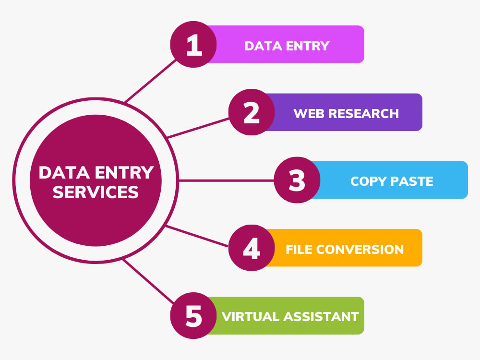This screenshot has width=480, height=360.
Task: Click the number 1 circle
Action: [x=193, y=44]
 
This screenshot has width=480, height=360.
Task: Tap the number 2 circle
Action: [x=252, y=112]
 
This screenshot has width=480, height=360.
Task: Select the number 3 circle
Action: [x=297, y=180]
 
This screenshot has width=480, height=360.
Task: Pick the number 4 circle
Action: [x=252, y=248]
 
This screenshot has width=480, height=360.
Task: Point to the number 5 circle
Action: [x=193, y=316]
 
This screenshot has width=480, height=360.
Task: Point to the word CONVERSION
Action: [x=360, y=250]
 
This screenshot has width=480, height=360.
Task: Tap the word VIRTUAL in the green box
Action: [x=251, y=317]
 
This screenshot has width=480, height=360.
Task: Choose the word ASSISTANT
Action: [x=321, y=317]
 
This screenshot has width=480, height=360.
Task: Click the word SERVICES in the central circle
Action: [x=96, y=192]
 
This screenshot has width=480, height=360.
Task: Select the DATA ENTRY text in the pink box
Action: [x=287, y=46]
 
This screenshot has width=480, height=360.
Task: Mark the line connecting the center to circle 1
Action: [x=150, y=81]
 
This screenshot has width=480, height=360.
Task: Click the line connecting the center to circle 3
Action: [x=226, y=180]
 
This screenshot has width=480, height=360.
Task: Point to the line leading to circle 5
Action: [x=148, y=281]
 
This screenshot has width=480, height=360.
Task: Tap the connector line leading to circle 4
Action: [x=196, y=236]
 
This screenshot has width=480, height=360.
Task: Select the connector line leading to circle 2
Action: [x=198, y=128]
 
